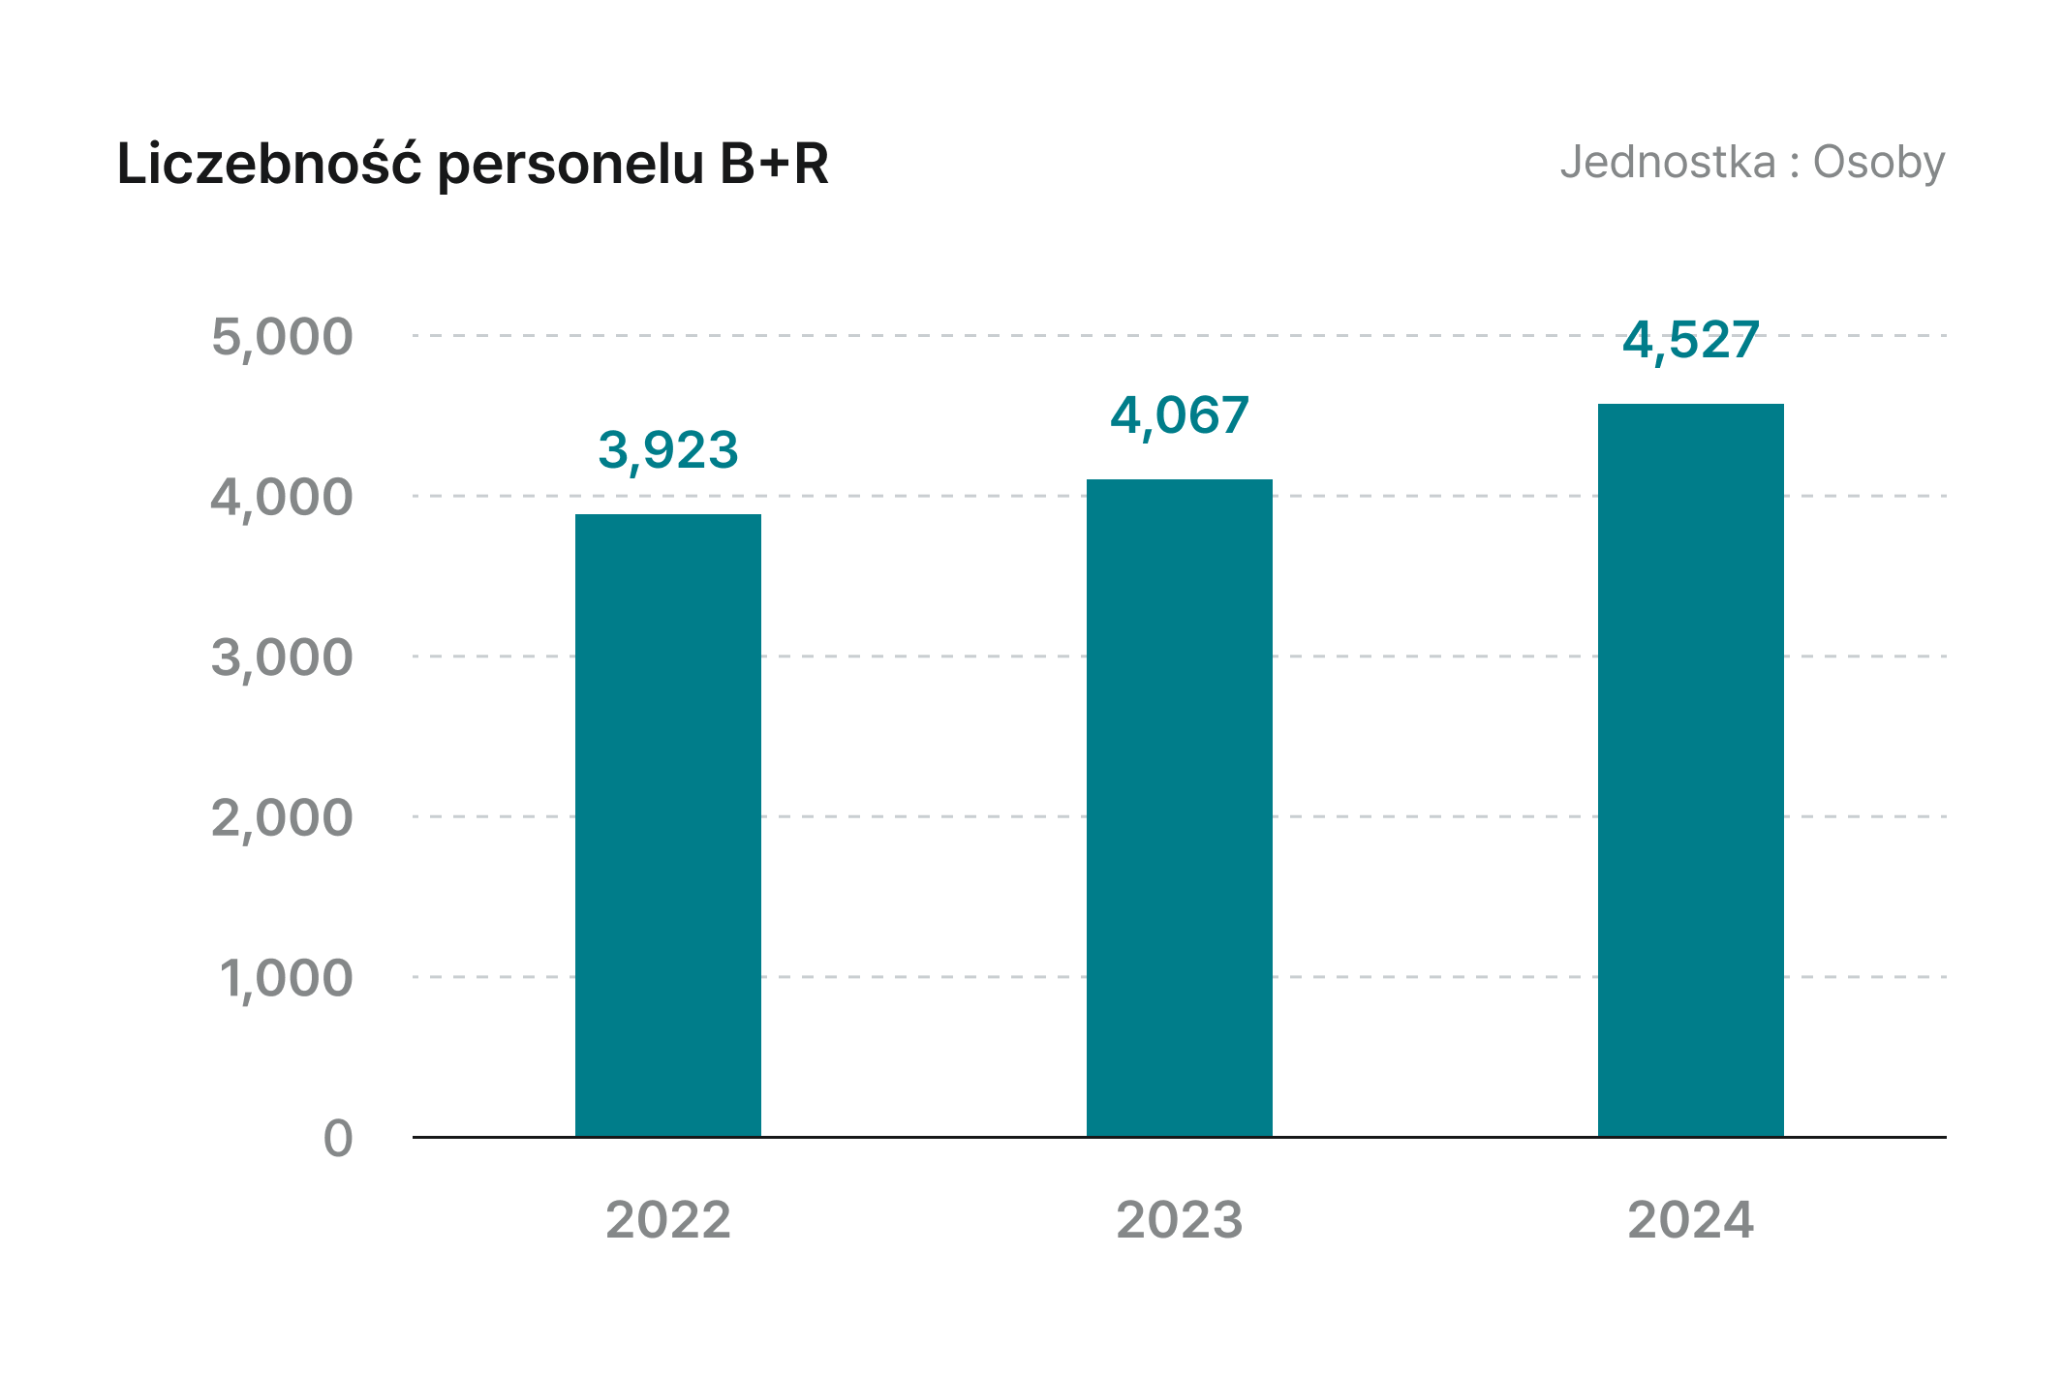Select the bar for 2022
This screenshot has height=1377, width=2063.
pyautogui.click(x=668, y=825)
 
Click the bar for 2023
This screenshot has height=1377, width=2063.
pyautogui.click(x=1179, y=808)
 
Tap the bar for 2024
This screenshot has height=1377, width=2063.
pyautogui.click(x=1690, y=770)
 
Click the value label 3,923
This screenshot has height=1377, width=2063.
pyautogui.click(x=668, y=450)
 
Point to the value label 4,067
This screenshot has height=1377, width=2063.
pyautogui.click(x=1179, y=415)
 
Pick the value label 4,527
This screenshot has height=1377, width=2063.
pyautogui.click(x=1690, y=340)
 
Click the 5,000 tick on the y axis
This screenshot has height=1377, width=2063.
pyautogui.click(x=282, y=337)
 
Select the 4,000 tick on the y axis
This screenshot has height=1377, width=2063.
pyautogui.click(x=282, y=498)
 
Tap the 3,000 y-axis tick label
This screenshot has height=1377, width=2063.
pyautogui.click(x=282, y=658)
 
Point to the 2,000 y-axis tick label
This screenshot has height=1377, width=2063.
pyautogui.click(x=282, y=818)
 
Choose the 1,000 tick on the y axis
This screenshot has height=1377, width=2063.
pyautogui.click(x=286, y=978)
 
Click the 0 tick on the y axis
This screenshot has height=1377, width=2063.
pyautogui.click(x=338, y=1139)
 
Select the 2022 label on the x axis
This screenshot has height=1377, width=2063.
pyautogui.click(x=668, y=1220)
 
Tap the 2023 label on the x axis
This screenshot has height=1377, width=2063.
pyautogui.click(x=1179, y=1220)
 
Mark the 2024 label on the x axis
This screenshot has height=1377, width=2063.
pyautogui.click(x=1690, y=1220)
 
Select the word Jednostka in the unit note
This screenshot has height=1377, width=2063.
pyautogui.click(x=1667, y=162)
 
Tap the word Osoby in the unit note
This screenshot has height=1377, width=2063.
pyautogui.click(x=1878, y=163)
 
